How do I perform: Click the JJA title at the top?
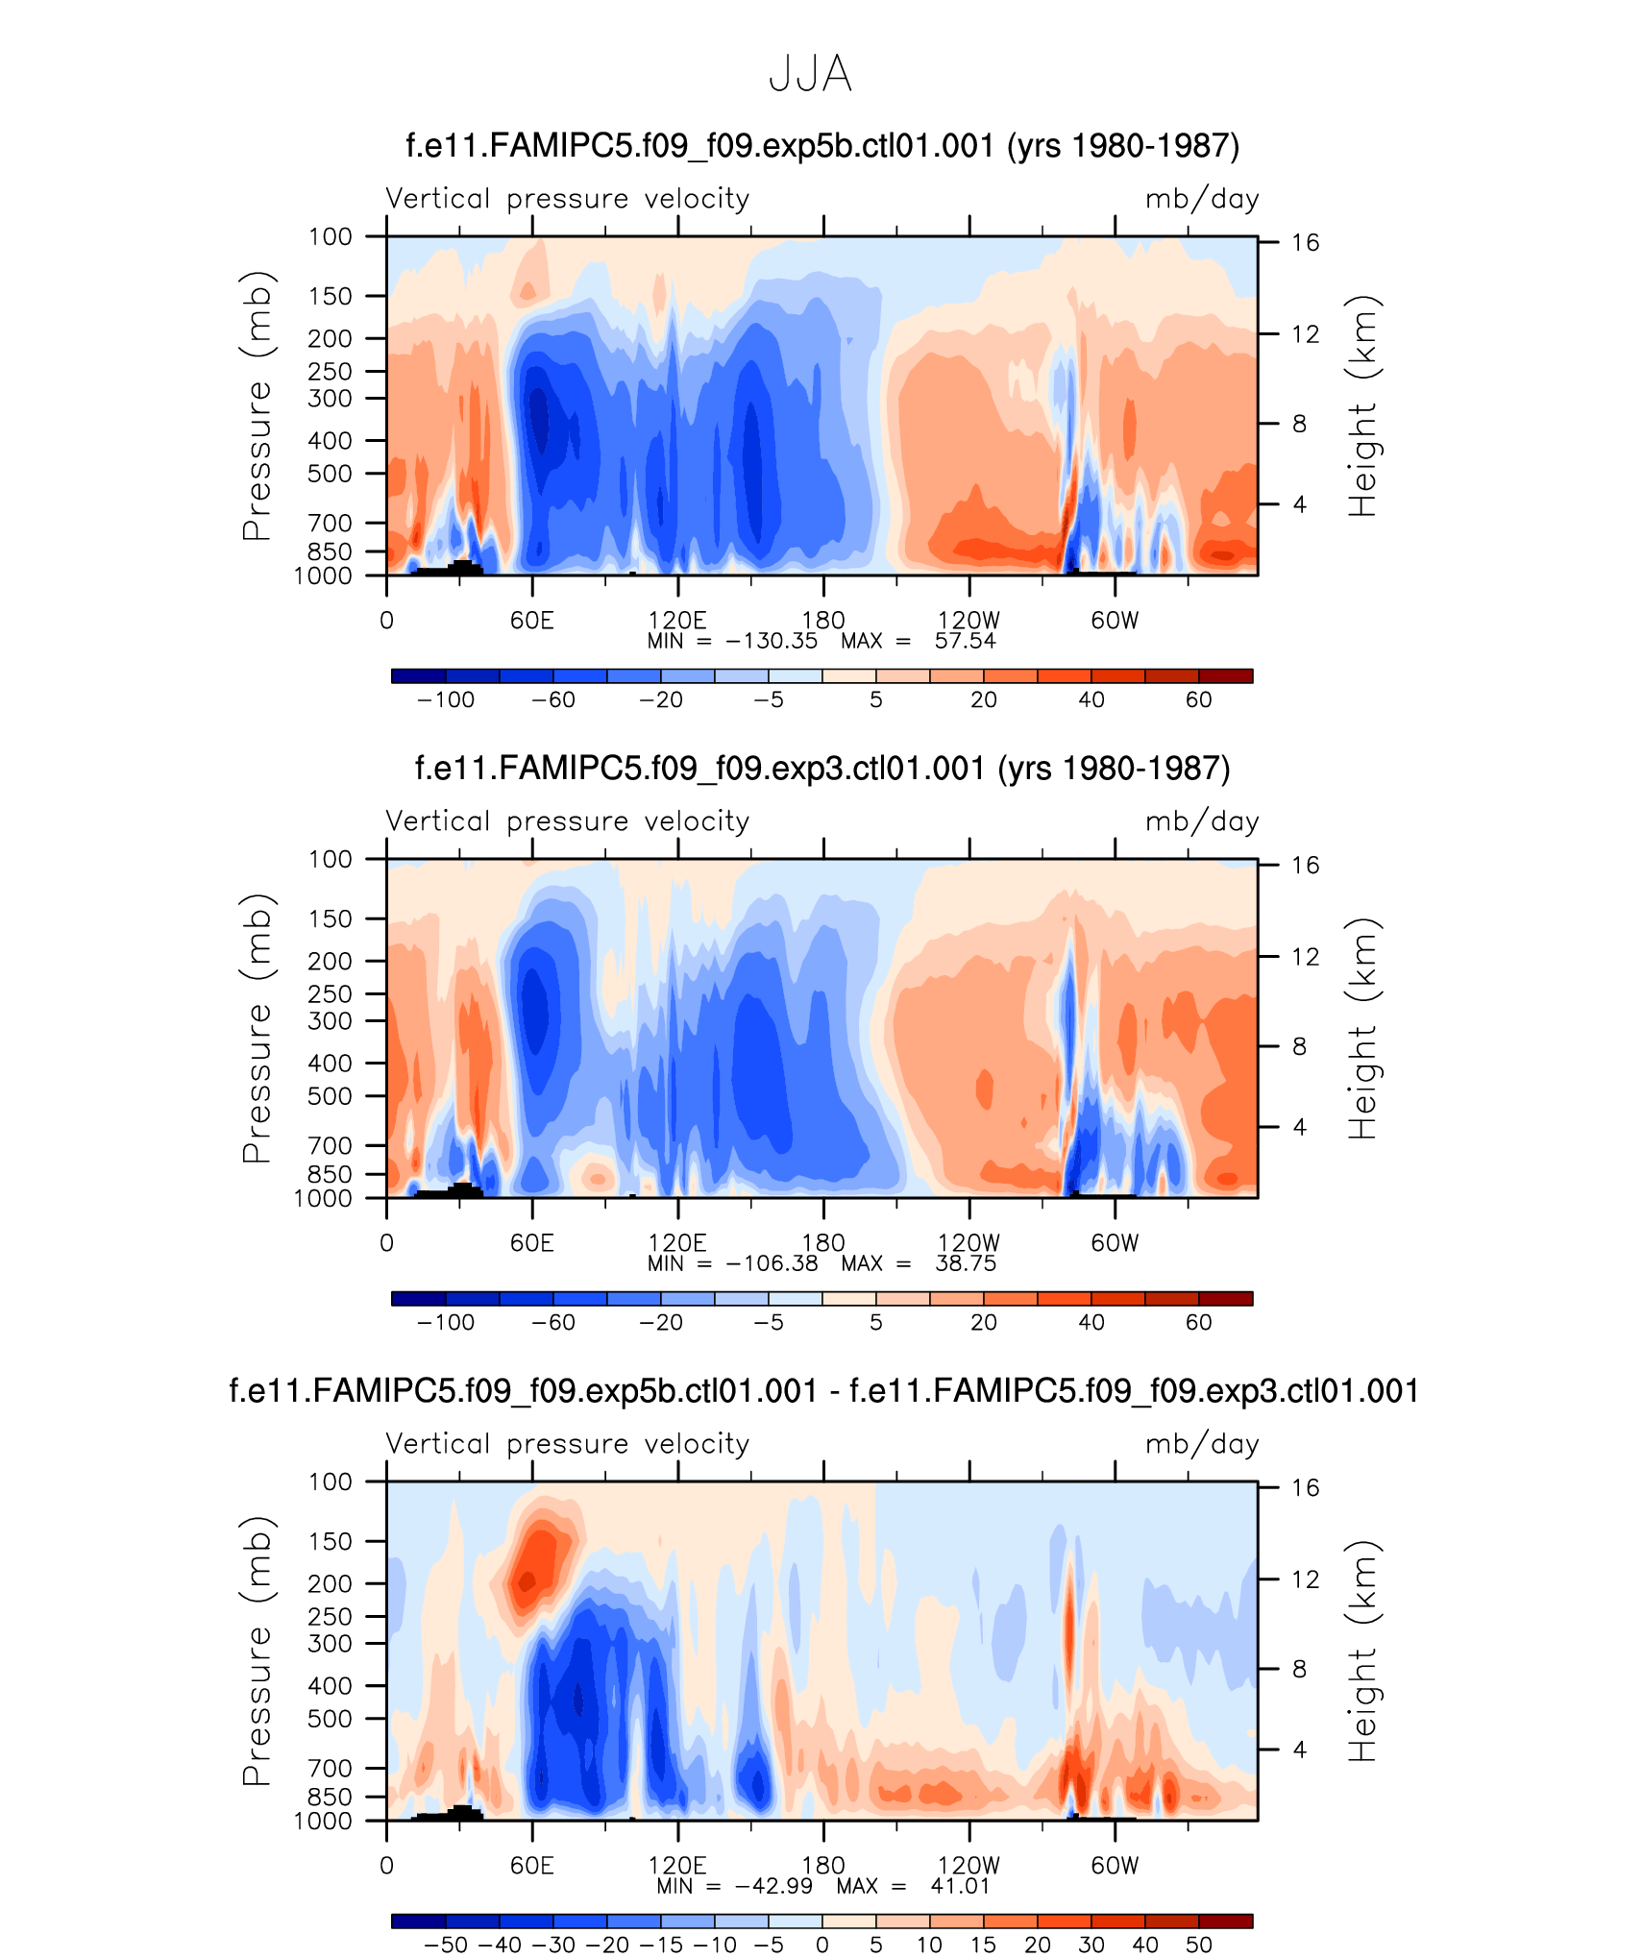point(810,74)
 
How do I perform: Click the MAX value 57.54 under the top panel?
point(965,642)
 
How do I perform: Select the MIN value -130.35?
point(772,642)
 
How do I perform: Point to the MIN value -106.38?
point(772,1264)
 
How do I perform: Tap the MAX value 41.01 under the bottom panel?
point(960,1886)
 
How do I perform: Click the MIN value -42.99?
point(773,1886)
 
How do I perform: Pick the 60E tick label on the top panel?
point(531,621)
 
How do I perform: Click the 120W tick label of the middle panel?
point(969,1243)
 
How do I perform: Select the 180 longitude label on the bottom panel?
point(823,1865)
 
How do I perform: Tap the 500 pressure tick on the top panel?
point(330,474)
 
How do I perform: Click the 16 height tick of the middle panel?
point(1305,866)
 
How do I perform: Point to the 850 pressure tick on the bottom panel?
point(330,1797)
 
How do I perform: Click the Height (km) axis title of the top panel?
point(1362,406)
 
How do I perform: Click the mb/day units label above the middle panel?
point(1201,822)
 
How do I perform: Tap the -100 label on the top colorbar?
point(446,700)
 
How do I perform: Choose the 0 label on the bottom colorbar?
point(822,1946)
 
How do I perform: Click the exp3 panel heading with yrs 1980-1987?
point(821,769)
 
